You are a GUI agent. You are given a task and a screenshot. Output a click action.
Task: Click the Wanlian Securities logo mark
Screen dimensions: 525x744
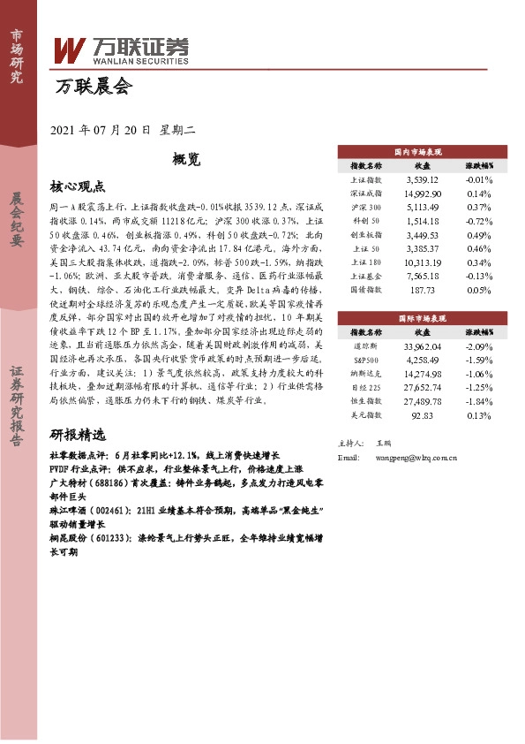(71, 51)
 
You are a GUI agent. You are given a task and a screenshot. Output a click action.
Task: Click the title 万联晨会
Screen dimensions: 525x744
(93, 87)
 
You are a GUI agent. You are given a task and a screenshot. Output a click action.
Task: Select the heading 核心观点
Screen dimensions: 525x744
(78, 186)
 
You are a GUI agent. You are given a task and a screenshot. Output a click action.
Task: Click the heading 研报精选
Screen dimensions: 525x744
(78, 435)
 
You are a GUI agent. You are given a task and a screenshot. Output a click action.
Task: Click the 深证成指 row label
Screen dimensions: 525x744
(366, 193)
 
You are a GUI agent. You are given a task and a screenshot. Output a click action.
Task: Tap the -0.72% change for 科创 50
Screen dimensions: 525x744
(478, 220)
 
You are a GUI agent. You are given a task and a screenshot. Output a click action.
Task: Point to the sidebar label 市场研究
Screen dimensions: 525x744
(16, 56)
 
